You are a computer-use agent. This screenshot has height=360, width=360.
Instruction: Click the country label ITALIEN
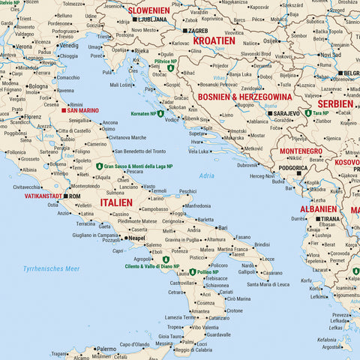115,202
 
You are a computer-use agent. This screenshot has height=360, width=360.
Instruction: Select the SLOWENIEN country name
148,10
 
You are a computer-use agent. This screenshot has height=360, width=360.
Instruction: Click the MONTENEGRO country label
300,151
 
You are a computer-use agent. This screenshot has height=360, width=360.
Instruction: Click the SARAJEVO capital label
286,113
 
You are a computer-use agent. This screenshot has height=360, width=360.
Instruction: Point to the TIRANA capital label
329,219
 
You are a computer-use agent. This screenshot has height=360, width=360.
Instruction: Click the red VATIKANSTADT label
43,196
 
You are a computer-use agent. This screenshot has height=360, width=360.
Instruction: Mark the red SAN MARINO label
82,110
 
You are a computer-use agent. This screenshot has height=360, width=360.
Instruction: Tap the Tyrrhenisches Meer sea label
51,268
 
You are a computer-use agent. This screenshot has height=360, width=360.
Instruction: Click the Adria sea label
206,175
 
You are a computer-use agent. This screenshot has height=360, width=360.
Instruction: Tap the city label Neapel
136,238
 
